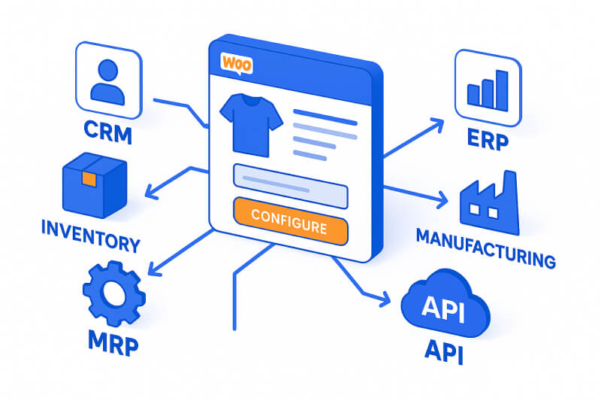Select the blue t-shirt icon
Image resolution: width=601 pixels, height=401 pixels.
pos(250,123)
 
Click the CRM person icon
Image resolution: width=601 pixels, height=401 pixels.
pos(107,81)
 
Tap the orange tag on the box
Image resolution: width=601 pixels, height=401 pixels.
pos(89,178)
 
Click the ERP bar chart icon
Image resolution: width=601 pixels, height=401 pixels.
pos(488,87)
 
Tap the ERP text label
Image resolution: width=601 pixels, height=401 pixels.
pos(487,141)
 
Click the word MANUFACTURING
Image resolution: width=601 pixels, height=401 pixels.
pos(485,249)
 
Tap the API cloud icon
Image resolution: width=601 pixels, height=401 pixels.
pos(446,308)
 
